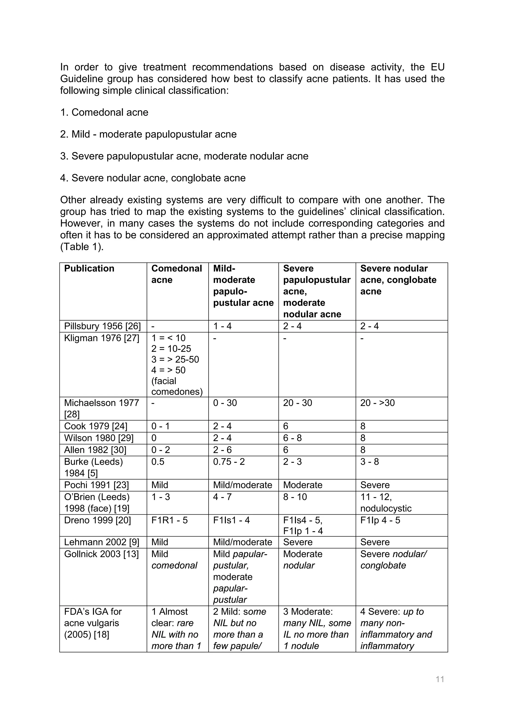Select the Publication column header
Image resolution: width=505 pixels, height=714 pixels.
coord(89,268)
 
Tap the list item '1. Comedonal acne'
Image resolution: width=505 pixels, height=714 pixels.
coord(104,112)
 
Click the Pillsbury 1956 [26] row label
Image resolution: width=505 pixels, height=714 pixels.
coord(102,326)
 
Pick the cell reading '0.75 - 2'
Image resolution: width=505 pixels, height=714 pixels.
coord(229,462)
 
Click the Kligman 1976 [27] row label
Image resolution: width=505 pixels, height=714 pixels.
coord(102,338)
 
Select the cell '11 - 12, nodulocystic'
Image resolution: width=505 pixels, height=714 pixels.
coord(386,502)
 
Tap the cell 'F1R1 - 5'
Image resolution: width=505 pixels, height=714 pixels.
coord(169,520)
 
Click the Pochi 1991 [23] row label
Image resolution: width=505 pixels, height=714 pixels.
coord(96,485)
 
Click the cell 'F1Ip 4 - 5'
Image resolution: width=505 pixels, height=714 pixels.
coord(380,520)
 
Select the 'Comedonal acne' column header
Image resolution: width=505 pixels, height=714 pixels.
coord(177,274)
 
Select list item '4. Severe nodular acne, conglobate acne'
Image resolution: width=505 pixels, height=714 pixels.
coord(153,178)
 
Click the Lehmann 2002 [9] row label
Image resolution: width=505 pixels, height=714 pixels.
coord(101,542)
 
